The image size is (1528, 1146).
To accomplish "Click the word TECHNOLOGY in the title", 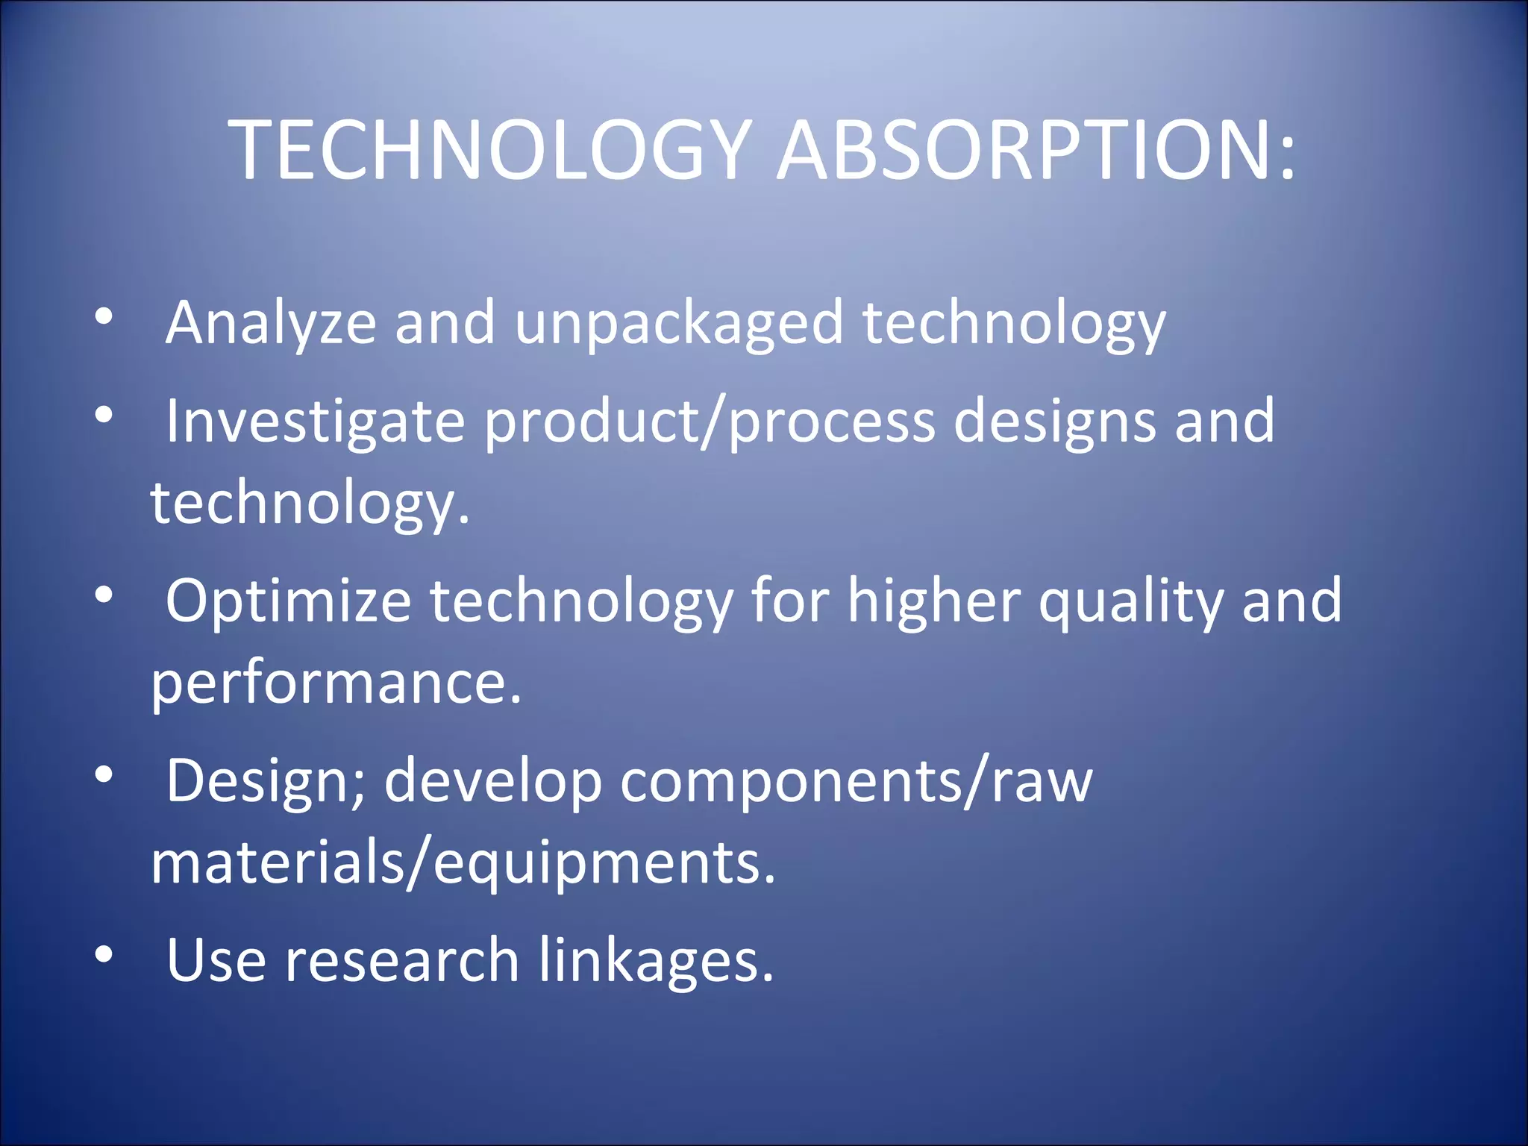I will click(x=489, y=151).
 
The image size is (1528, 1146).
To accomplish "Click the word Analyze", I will click(x=271, y=324).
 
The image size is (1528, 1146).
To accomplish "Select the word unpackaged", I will click(x=678, y=324).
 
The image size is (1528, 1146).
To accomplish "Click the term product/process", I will click(x=710, y=422).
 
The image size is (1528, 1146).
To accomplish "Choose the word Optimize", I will click(x=288, y=601).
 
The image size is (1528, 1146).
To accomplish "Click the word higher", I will click(x=933, y=601).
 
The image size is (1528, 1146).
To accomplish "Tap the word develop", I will click(x=493, y=782).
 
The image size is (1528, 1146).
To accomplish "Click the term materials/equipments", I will click(x=463, y=863).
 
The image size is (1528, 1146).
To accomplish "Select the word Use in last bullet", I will click(x=216, y=961).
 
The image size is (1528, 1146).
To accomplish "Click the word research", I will click(x=402, y=961).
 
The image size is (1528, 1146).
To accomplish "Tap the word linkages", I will click(x=656, y=961).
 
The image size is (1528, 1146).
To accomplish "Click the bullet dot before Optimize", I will click(x=104, y=595).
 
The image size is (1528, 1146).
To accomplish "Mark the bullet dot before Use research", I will click(x=104, y=954).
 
